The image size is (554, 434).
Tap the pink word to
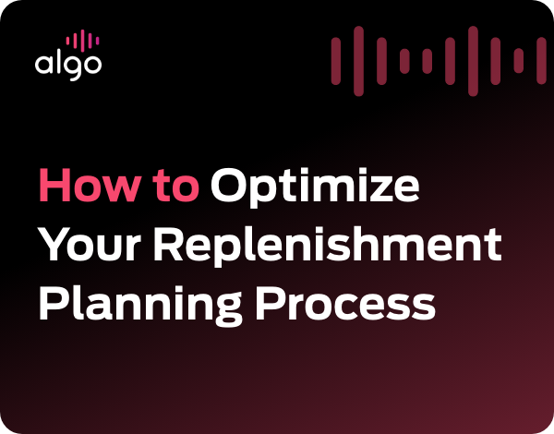click(x=176, y=187)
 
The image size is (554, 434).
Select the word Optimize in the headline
click(x=315, y=187)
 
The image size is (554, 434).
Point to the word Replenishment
click(x=328, y=247)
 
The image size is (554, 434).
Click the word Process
click(x=345, y=303)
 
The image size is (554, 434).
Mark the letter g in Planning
click(x=224, y=310)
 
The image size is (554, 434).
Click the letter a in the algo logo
click(x=42, y=64)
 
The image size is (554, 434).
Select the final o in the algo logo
click(x=91, y=65)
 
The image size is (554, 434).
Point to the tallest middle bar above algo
click(x=82, y=40)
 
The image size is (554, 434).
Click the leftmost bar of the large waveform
click(x=336, y=62)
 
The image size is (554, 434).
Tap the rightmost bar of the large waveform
click(x=541, y=61)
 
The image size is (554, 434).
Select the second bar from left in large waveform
click(x=358, y=61)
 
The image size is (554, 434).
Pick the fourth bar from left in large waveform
click(x=404, y=61)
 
